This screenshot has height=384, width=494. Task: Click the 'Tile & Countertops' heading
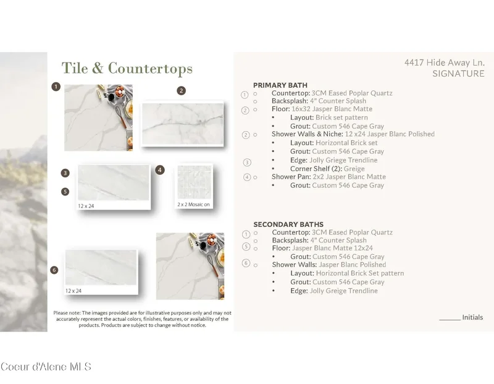pos(127,69)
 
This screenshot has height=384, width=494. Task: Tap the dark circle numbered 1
pos(56,87)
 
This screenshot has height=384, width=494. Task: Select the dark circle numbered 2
pos(181,91)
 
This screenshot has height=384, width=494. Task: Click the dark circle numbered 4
pos(160,170)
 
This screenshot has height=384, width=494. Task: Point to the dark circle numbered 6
pos(54,270)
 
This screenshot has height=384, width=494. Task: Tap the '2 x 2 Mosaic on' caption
pos(193,205)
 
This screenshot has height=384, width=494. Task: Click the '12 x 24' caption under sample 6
pos(73,291)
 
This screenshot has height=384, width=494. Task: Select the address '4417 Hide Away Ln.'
pos(445,62)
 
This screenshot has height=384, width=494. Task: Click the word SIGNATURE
pos(458,74)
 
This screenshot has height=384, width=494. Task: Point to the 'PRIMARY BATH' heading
pos(280,85)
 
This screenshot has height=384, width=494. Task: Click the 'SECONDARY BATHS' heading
pos(288,224)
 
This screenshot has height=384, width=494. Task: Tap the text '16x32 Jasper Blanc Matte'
pos(332,109)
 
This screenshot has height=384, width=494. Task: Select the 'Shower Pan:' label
pos(291,177)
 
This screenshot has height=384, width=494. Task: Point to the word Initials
pos(472,317)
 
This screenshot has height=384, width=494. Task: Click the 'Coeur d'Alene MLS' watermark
pos(46,367)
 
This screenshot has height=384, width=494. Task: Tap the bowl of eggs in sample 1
pos(120,91)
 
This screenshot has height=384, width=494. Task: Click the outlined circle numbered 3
pos(247,163)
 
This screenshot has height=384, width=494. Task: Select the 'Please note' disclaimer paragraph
pos(143,319)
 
